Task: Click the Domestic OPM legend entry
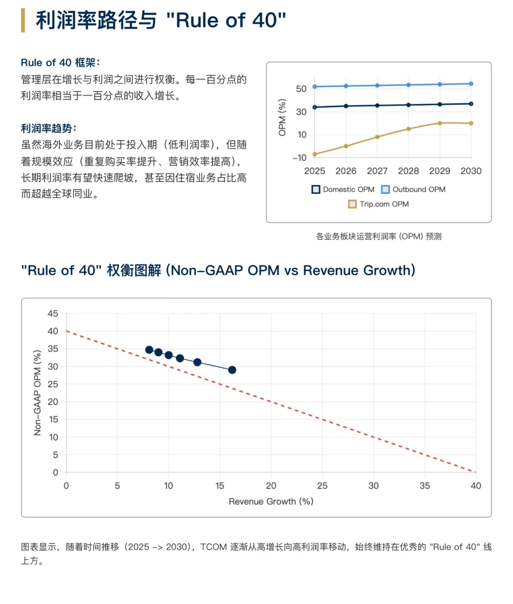coord(343,189)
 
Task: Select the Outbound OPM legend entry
coord(413,189)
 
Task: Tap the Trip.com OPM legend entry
coord(379,204)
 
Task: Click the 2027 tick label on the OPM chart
coord(377,171)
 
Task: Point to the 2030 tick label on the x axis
coord(471,171)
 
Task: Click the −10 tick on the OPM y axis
coord(299,158)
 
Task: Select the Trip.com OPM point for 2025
coord(314,154)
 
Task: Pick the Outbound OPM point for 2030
coord(471,84)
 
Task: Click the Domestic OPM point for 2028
coord(408,105)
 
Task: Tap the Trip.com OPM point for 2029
coord(440,123)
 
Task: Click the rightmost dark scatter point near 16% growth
coord(232,370)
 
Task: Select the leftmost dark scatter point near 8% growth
coord(149,350)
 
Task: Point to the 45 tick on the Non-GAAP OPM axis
coord(53,313)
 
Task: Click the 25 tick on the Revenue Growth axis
coord(322,486)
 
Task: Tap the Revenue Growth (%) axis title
coord(271,501)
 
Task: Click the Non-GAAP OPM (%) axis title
coord(38,393)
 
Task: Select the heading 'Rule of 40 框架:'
coord(60,63)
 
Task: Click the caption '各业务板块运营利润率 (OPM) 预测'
coord(379,236)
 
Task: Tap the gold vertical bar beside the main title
coord(23,20)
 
